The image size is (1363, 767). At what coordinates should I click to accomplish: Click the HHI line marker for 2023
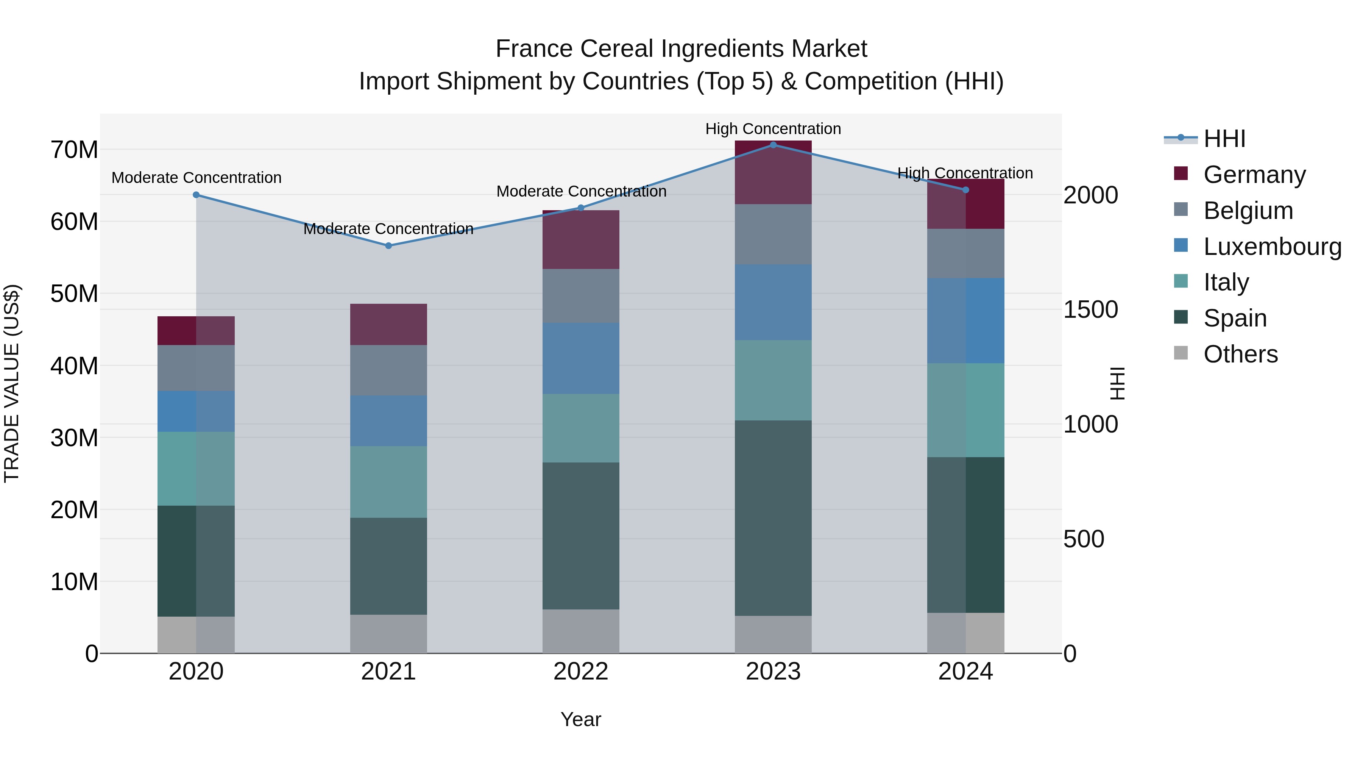(773, 145)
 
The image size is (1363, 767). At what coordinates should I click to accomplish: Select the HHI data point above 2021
(388, 245)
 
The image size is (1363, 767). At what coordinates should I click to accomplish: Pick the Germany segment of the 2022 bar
(580, 239)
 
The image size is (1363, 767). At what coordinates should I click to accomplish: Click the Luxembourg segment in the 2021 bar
(388, 421)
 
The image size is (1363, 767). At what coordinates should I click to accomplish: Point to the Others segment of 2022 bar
(580, 631)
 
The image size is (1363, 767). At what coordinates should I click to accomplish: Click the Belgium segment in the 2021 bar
(388, 370)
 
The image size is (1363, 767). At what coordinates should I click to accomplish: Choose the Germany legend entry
(1254, 174)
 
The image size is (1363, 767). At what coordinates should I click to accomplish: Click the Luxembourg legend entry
(1272, 246)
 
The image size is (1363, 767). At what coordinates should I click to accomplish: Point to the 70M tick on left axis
(74, 150)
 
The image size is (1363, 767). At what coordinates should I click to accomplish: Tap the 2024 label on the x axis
(965, 672)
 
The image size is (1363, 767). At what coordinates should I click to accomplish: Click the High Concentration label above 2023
(773, 129)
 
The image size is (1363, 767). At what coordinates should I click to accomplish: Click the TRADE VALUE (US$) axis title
(12, 383)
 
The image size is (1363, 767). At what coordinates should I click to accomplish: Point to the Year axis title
(580, 719)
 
